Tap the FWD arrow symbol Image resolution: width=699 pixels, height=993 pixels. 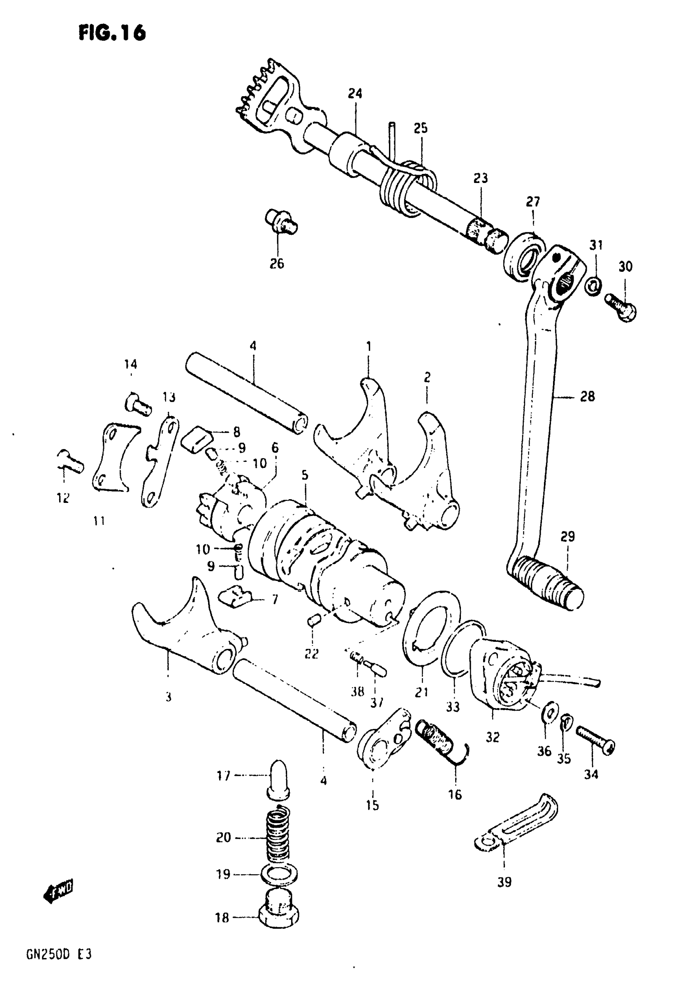tap(59, 890)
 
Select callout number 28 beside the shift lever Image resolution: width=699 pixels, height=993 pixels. tap(587, 396)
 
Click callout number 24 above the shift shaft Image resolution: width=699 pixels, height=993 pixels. tap(355, 94)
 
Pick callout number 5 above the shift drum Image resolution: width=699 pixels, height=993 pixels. tap(305, 476)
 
